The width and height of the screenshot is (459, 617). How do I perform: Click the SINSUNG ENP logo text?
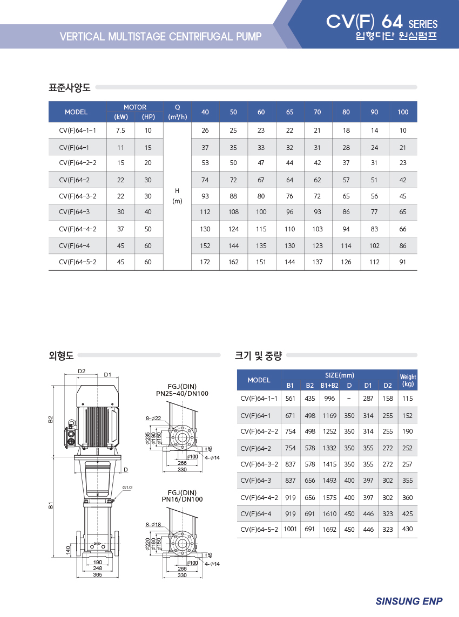tap(409, 601)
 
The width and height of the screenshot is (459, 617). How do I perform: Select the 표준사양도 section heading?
tap(69, 87)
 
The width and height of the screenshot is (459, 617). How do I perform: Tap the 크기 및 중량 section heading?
tap(259, 356)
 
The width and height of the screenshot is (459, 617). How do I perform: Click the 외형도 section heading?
tap(61, 356)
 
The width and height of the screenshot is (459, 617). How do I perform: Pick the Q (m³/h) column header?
tap(177, 112)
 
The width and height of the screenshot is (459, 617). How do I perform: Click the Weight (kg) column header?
tap(408, 380)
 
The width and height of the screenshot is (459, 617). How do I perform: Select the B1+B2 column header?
tap(329, 386)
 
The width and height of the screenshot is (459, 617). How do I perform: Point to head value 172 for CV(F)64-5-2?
tap(205, 262)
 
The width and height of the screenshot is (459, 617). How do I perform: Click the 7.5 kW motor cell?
tap(120, 131)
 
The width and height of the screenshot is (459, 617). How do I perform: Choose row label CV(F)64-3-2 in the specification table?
tap(78, 196)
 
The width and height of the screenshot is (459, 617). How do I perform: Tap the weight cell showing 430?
tap(407, 529)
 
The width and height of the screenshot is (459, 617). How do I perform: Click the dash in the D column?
tap(349, 398)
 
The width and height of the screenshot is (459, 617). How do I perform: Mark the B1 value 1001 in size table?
tap(291, 529)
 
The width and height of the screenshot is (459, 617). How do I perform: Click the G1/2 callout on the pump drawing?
tap(127, 488)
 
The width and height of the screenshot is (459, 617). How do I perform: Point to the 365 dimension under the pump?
tap(97, 574)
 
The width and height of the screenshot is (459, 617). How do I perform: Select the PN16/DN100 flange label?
tap(182, 499)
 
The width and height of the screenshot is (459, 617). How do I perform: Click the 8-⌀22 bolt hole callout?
tap(153, 419)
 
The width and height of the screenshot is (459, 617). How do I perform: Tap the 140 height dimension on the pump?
tap(68, 550)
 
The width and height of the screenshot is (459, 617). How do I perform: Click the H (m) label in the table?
tap(177, 196)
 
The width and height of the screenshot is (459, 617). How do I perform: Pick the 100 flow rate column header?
tap(403, 112)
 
